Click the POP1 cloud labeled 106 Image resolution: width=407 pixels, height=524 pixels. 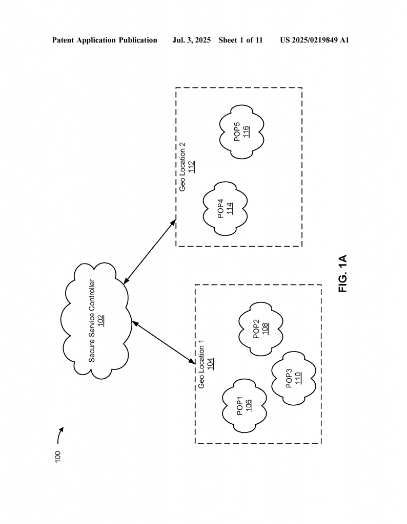pos(245,406)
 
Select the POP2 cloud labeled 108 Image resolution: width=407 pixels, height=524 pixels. pos(261,329)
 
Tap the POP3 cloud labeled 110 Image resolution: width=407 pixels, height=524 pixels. pos(294,378)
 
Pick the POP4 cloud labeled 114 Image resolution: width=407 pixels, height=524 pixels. pos(225,209)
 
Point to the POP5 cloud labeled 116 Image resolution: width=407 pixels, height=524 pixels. pos(241,132)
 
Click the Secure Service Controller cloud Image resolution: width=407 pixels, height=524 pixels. pos(96,321)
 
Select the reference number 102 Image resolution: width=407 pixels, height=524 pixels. pos(101,321)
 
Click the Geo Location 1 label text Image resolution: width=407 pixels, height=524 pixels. pos(201,364)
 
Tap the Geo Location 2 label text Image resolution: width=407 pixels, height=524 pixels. pos(182,167)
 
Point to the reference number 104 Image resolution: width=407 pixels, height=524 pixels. pos(211,364)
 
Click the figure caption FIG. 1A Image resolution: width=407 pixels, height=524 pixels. pos(343,274)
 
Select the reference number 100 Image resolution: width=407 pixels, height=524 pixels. pos(57,457)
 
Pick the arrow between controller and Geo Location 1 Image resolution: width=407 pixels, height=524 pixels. pos(164,342)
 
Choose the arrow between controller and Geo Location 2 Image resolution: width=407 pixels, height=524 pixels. pos(150,252)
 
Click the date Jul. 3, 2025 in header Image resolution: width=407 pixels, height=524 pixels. pos(191,40)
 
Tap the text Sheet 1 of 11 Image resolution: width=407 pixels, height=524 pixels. pos(240,40)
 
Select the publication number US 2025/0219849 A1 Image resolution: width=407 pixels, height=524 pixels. pos(315,40)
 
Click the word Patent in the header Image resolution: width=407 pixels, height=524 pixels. pos(63,40)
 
